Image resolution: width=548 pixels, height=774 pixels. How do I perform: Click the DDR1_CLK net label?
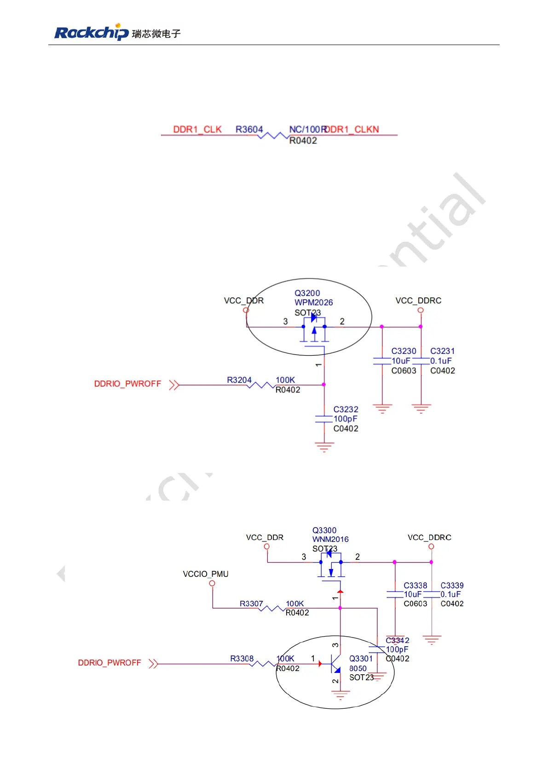click(197, 129)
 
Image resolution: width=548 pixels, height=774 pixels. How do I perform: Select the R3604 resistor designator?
click(249, 129)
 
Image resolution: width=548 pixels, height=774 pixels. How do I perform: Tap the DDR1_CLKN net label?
click(352, 129)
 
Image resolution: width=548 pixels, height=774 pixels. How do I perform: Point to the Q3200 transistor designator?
click(307, 293)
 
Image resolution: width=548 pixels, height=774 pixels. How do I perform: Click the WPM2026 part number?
click(313, 302)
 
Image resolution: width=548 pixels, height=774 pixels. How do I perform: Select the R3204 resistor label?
click(239, 380)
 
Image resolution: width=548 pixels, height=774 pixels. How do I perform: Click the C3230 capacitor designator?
click(404, 351)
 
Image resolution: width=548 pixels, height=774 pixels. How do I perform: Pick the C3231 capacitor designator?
click(442, 351)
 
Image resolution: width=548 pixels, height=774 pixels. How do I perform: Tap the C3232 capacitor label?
click(346, 409)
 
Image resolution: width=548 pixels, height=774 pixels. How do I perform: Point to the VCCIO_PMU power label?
click(205, 574)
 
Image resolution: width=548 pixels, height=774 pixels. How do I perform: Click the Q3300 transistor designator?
click(324, 530)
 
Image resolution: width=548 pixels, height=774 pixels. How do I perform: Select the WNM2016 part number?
click(330, 539)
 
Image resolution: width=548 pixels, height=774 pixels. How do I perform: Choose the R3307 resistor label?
click(251, 603)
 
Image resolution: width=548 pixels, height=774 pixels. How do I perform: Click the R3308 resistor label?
click(242, 659)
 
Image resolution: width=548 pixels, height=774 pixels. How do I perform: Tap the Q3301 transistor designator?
click(361, 659)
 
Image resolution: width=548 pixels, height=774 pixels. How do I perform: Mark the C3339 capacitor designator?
click(452, 586)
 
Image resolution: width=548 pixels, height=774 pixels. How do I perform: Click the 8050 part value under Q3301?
click(358, 668)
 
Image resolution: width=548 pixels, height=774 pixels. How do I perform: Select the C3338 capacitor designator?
click(415, 586)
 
